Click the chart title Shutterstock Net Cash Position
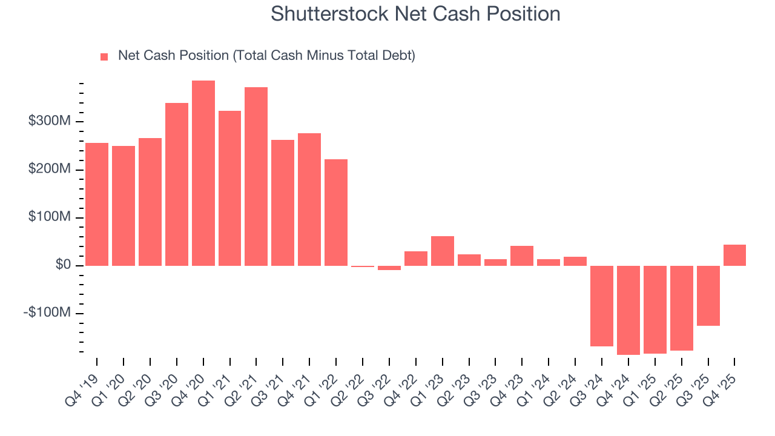point(415,14)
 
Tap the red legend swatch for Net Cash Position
point(104,56)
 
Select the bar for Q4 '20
point(203,173)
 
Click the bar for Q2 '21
point(256,176)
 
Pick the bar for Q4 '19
point(97,204)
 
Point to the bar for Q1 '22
point(336,212)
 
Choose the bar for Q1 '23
point(442,251)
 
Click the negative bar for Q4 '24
point(628,310)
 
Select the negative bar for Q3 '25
point(708,296)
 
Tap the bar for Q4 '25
point(734,255)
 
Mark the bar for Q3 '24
point(602,306)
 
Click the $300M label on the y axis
point(50,122)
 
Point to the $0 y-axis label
point(62,265)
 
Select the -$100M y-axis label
point(48,313)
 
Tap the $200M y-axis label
point(50,170)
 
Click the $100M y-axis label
point(50,217)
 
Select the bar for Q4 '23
point(522,256)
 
